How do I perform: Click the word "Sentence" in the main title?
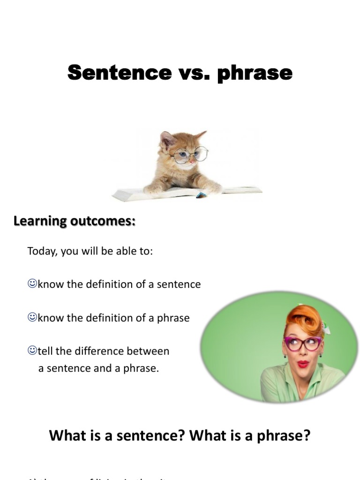coord(120,73)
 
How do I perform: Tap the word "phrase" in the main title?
coord(255,74)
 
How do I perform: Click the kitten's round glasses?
coord(189,155)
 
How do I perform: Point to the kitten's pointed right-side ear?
coord(200,135)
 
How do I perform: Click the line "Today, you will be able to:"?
coord(90,251)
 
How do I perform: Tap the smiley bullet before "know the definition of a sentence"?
coord(32,284)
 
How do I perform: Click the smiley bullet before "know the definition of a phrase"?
coord(32,317)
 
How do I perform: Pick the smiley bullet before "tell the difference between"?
coord(32,350)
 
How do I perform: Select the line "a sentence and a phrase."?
coord(98,368)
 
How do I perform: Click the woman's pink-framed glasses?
coord(302,344)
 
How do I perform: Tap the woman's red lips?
coord(303,364)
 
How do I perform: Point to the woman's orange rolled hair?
coord(305,319)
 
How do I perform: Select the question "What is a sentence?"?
coord(118,435)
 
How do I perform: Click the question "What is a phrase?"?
coord(250,435)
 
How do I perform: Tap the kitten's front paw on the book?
coord(211,188)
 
